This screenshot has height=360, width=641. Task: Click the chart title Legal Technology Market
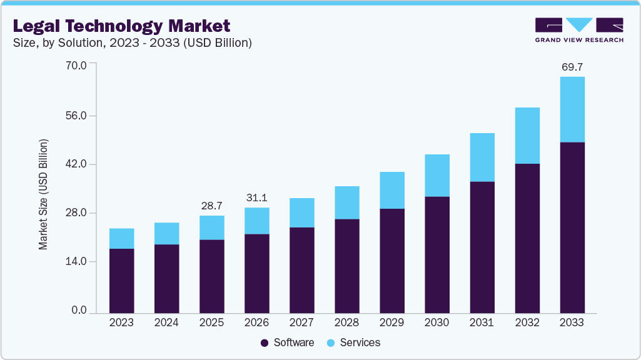pos(121,26)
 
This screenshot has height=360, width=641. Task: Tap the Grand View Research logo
pos(579,30)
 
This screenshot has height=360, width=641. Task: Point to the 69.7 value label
pos(572,66)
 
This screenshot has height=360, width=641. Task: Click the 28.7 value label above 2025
pos(211,206)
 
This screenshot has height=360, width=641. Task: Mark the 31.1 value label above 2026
pos(256,197)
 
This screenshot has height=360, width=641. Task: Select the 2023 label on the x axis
pos(121,323)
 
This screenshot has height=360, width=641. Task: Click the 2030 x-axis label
pos(437,323)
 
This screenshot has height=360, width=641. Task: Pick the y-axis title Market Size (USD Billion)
pos(43,194)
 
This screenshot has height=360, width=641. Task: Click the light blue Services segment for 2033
pos(572,109)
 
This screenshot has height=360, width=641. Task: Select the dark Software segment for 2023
pos(121,281)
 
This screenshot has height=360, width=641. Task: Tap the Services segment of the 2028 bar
pos(346,202)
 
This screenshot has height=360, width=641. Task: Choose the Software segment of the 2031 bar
pos(482,247)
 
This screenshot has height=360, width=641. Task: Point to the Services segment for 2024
pos(166,233)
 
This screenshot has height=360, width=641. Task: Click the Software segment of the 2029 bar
pos(391,261)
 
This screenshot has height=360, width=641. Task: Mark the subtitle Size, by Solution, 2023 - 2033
pos(133,43)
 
